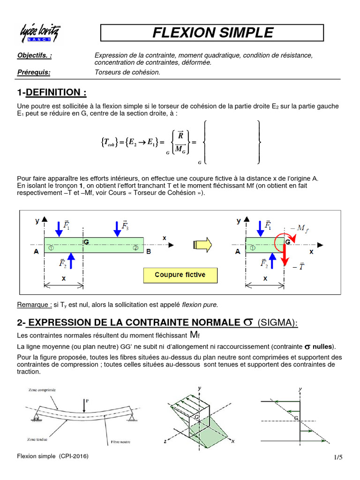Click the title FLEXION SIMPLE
click(212, 33)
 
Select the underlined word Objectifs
click(35, 55)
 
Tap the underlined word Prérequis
click(33, 72)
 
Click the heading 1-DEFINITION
click(52, 92)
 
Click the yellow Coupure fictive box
click(180, 275)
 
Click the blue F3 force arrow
click(117, 228)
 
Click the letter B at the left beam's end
click(149, 252)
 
